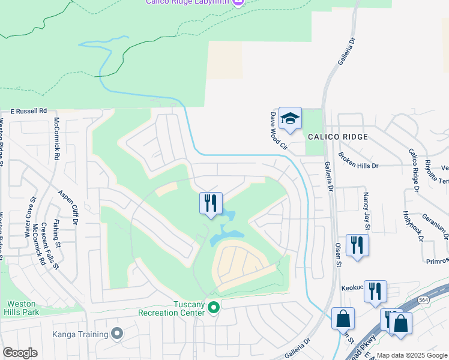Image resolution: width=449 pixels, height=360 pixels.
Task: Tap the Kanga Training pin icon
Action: click(117, 333)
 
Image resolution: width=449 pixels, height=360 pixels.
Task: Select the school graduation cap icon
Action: click(290, 119)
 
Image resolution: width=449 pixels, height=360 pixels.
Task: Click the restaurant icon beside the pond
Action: click(211, 203)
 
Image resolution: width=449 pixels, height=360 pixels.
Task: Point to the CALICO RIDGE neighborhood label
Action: click(337, 137)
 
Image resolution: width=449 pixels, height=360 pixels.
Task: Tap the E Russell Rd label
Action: click(29, 111)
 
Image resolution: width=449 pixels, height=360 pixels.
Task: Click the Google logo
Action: click(20, 353)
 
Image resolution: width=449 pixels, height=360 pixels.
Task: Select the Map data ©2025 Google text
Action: click(412, 355)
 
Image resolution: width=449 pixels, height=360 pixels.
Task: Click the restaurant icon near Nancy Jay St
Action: click(357, 245)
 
